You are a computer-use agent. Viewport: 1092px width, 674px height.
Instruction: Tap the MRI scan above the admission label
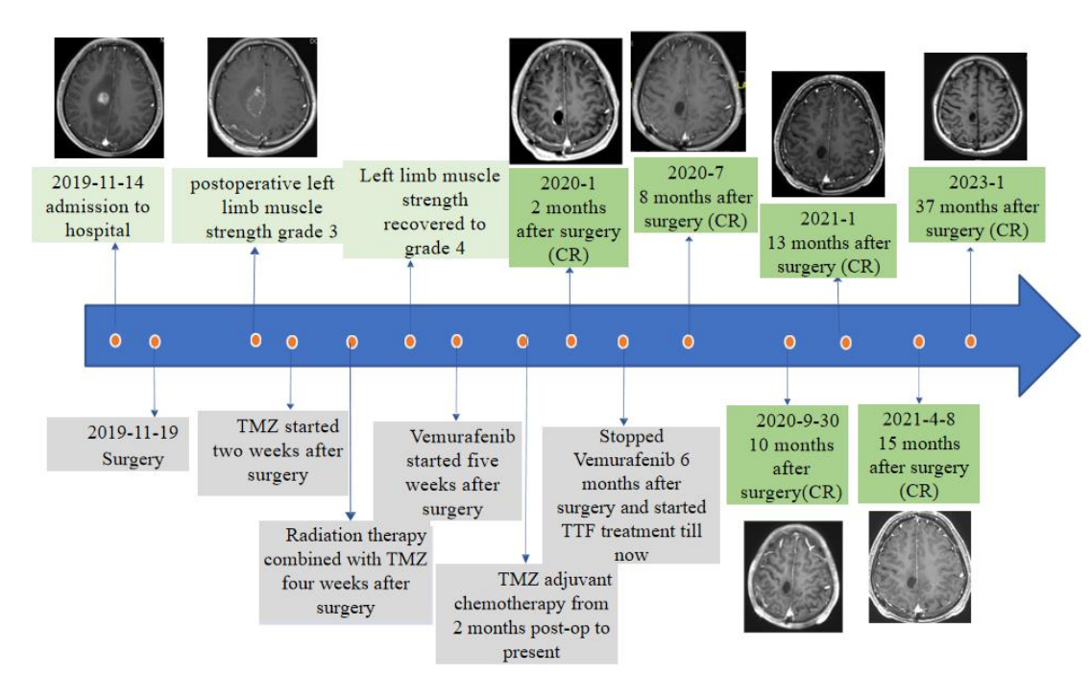point(109,98)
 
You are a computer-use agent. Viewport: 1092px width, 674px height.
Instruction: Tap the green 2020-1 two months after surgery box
point(569,219)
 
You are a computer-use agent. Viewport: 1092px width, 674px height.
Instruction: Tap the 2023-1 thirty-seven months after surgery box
point(976,205)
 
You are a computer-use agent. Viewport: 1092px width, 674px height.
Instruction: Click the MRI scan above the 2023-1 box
point(974,107)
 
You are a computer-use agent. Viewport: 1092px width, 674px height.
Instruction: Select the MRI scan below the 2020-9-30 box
point(793,575)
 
